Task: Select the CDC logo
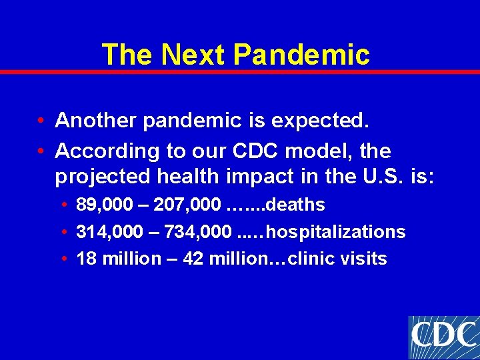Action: pos(443,337)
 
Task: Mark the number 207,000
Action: pos(188,205)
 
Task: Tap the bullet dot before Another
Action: pos(41,121)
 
